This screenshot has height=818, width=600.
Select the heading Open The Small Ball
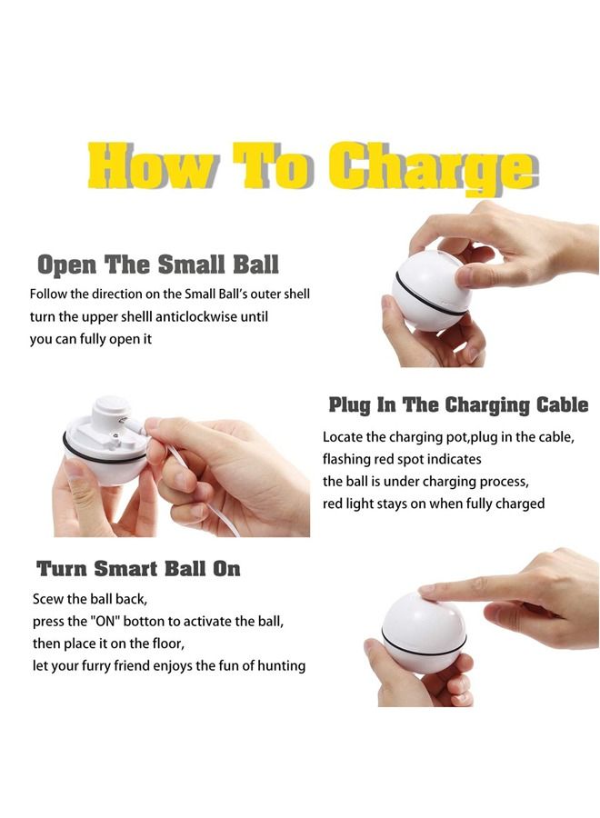click(x=157, y=264)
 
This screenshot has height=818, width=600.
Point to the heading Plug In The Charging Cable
click(x=458, y=404)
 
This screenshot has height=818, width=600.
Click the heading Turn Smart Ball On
click(x=138, y=569)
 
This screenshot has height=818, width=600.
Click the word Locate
click(x=344, y=436)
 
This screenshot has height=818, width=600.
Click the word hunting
click(x=277, y=666)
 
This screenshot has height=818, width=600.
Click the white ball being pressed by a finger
click(x=423, y=632)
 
